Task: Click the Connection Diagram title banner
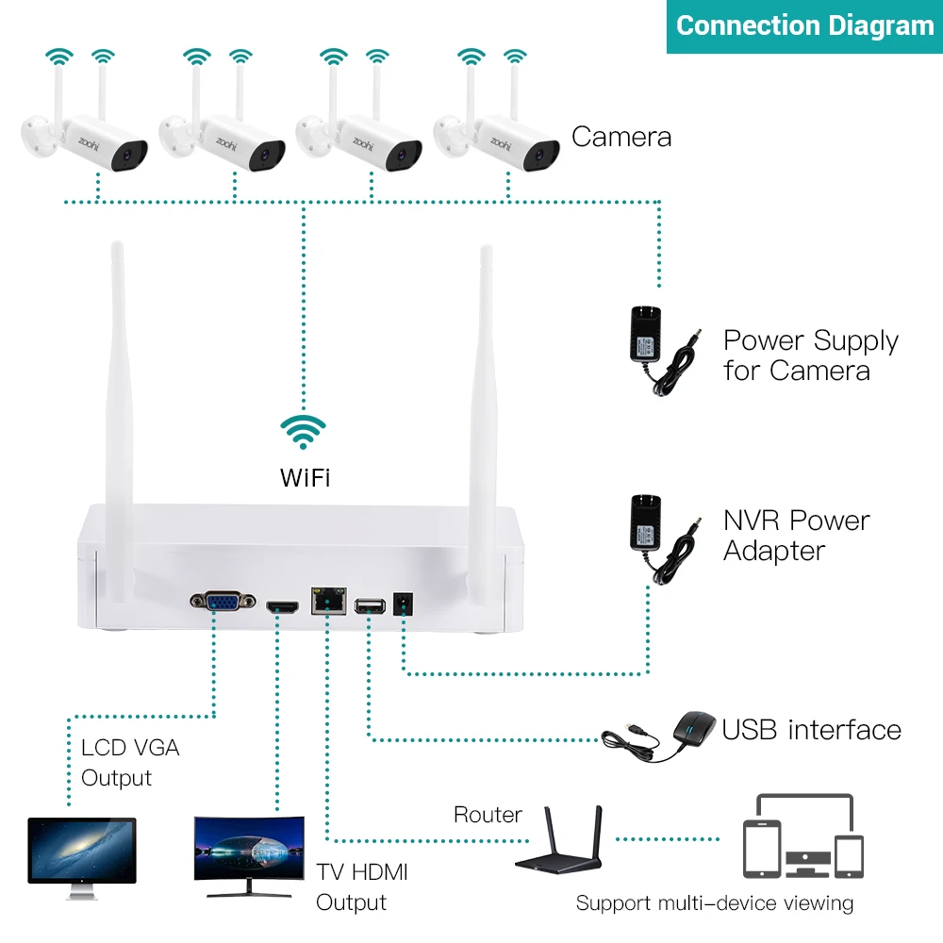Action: pyautogui.click(x=803, y=26)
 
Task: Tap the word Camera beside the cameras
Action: pyautogui.click(x=621, y=137)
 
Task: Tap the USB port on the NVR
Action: pyautogui.click(x=369, y=604)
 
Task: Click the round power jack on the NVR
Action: pyautogui.click(x=404, y=602)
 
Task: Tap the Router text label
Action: pyautogui.click(x=488, y=815)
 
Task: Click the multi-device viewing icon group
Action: pyautogui.click(x=803, y=837)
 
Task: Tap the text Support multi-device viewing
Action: pyautogui.click(x=715, y=903)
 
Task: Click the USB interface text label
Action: pyautogui.click(x=811, y=730)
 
